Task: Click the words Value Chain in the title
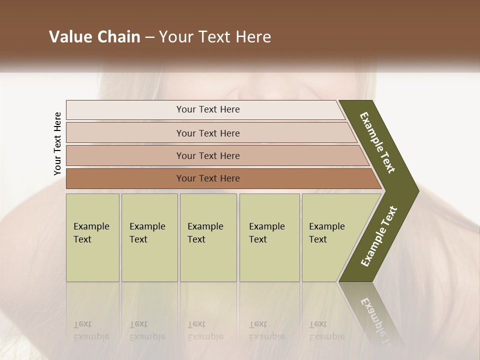click(94, 37)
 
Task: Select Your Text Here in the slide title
click(215, 37)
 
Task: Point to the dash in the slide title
click(149, 37)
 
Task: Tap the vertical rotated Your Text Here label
click(57, 143)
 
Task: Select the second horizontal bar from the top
click(207, 133)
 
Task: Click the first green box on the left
click(92, 237)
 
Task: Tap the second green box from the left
click(149, 237)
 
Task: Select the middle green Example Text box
click(208, 237)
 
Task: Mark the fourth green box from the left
click(269, 237)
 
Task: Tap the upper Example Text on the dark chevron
click(377, 142)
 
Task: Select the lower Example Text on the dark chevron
click(379, 236)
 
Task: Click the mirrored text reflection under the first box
click(91, 330)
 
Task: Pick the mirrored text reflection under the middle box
click(205, 330)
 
